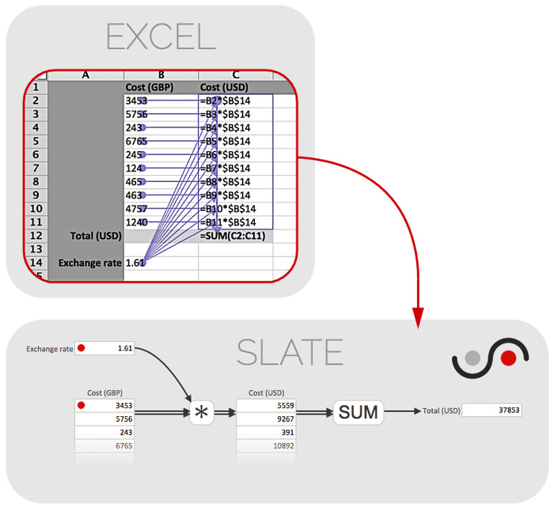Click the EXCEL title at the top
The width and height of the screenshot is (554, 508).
click(161, 37)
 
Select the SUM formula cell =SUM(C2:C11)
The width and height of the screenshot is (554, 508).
click(235, 235)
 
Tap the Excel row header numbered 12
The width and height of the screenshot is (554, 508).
click(36, 235)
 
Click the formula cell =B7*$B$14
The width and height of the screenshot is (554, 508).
click(235, 168)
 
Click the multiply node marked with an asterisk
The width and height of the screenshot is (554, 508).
click(201, 412)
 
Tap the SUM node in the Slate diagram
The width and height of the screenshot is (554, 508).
click(358, 411)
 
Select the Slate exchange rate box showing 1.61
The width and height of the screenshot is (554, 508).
click(105, 348)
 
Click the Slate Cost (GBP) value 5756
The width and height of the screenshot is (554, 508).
click(105, 419)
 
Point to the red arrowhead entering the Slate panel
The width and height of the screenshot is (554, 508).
click(419, 316)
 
